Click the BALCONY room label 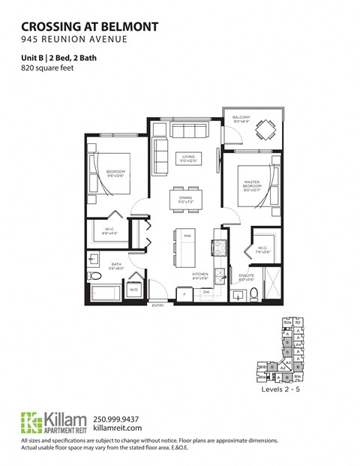tap(241, 118)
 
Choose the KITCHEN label tap(199, 275)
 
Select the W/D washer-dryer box tap(134, 289)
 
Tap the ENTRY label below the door tap(157, 306)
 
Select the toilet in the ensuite tap(254, 293)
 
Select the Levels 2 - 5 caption tap(282, 391)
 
